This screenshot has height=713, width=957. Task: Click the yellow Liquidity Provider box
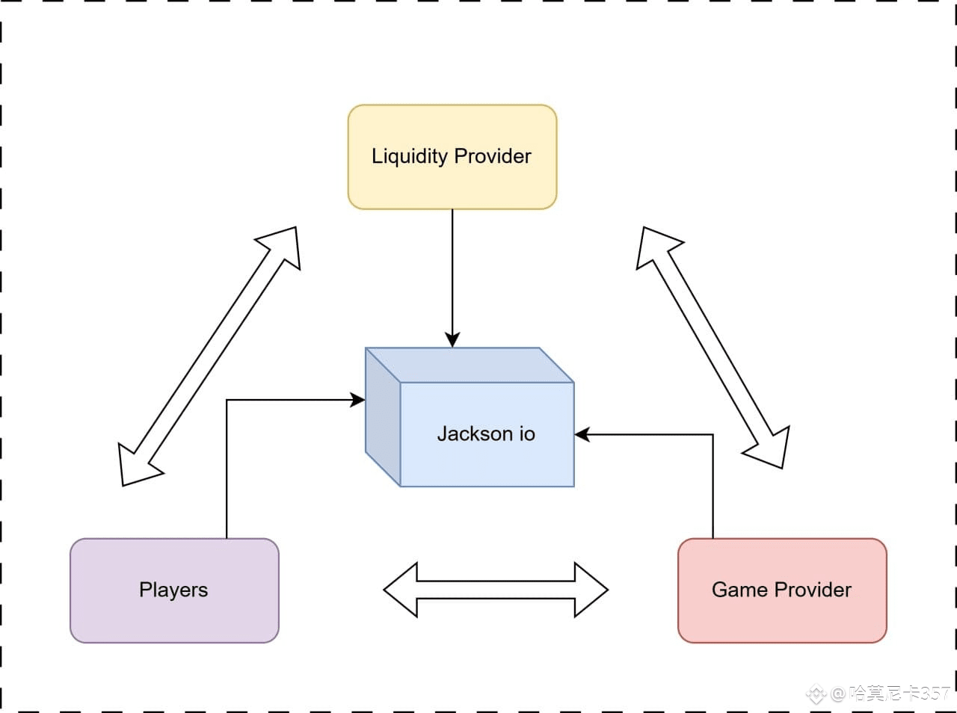coord(452,157)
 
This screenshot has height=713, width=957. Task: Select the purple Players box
coord(174,590)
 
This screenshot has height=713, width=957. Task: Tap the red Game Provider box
coord(782,590)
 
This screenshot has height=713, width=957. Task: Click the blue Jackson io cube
coord(470,417)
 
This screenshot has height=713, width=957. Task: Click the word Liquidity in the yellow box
coord(410,156)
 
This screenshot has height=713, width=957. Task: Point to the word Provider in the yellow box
coord(493,156)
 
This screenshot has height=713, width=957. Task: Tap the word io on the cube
coord(527,433)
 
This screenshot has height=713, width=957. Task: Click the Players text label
coord(173,590)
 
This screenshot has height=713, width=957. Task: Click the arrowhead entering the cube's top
coord(452,340)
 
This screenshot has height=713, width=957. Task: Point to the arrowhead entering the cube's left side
coord(358,400)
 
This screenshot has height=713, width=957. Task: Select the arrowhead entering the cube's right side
coord(582,434)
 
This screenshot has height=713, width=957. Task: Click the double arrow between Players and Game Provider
coord(496,590)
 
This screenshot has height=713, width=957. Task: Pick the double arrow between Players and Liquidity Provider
coord(209,356)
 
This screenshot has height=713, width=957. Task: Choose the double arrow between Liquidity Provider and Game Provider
coord(713,348)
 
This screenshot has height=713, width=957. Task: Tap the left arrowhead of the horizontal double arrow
coord(400,590)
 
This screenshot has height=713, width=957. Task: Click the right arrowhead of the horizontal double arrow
coord(591,590)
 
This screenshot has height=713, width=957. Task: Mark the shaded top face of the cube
coord(470,365)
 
